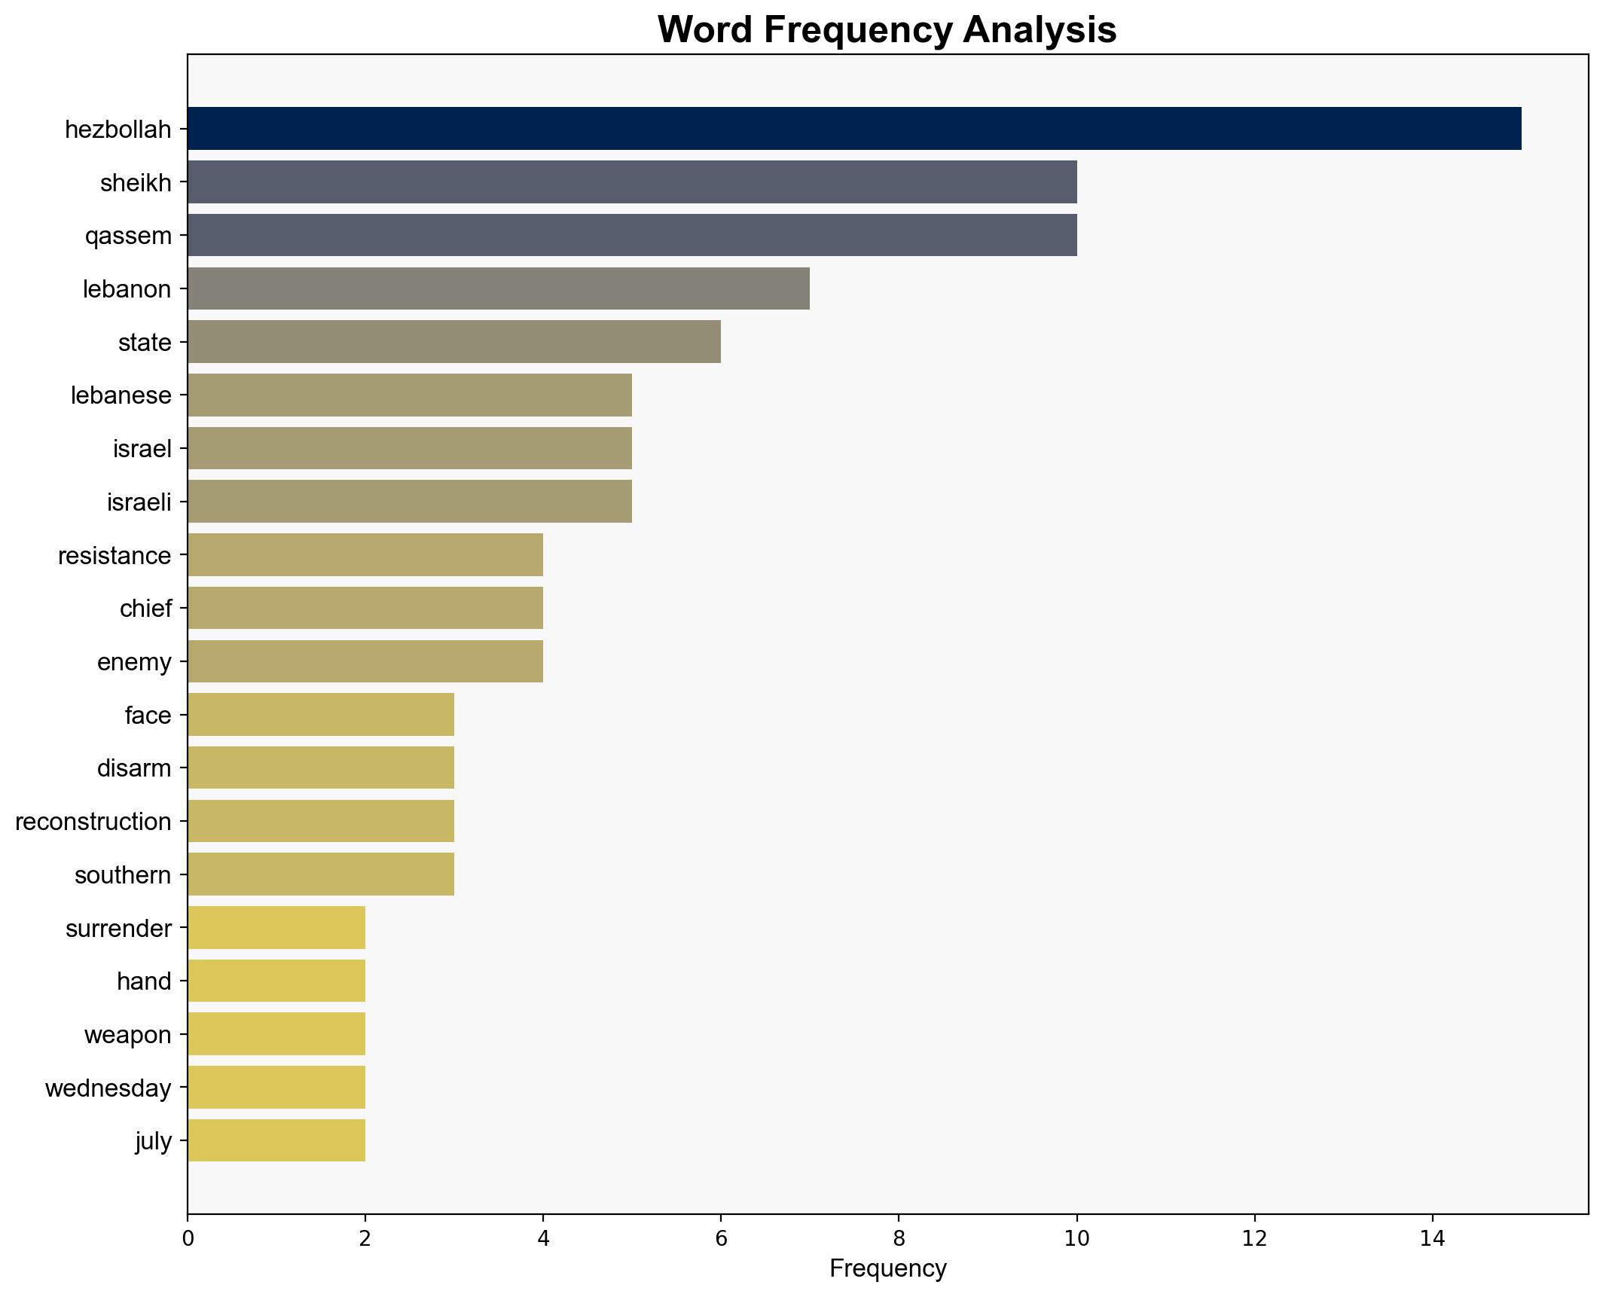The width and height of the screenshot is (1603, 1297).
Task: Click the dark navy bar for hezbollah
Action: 853,129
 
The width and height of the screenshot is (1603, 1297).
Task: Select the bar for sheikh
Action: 631,182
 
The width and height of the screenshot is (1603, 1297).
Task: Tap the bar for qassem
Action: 631,235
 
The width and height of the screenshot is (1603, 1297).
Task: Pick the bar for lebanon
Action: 498,288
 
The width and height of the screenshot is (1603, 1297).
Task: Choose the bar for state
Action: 453,342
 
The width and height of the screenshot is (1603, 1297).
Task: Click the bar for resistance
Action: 365,555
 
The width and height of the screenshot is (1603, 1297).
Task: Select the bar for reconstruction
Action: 320,821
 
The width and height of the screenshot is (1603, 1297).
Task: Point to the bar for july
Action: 276,1140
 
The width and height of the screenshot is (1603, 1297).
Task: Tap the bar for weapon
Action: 276,1034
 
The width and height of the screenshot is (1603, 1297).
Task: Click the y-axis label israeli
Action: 139,502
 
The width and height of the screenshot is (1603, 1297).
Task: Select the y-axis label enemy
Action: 134,662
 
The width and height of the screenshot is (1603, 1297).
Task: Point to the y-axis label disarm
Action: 134,768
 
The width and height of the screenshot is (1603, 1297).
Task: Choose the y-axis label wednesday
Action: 108,1088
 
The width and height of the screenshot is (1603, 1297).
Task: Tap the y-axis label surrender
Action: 118,929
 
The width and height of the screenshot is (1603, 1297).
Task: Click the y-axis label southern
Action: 123,875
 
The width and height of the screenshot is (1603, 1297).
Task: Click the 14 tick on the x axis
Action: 1432,1239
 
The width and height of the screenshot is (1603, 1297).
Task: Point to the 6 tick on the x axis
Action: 721,1239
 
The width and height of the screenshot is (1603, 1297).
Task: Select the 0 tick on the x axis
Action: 188,1239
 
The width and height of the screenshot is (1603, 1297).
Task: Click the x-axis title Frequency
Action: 887,1269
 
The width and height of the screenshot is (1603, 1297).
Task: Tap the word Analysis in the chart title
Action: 1039,30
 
